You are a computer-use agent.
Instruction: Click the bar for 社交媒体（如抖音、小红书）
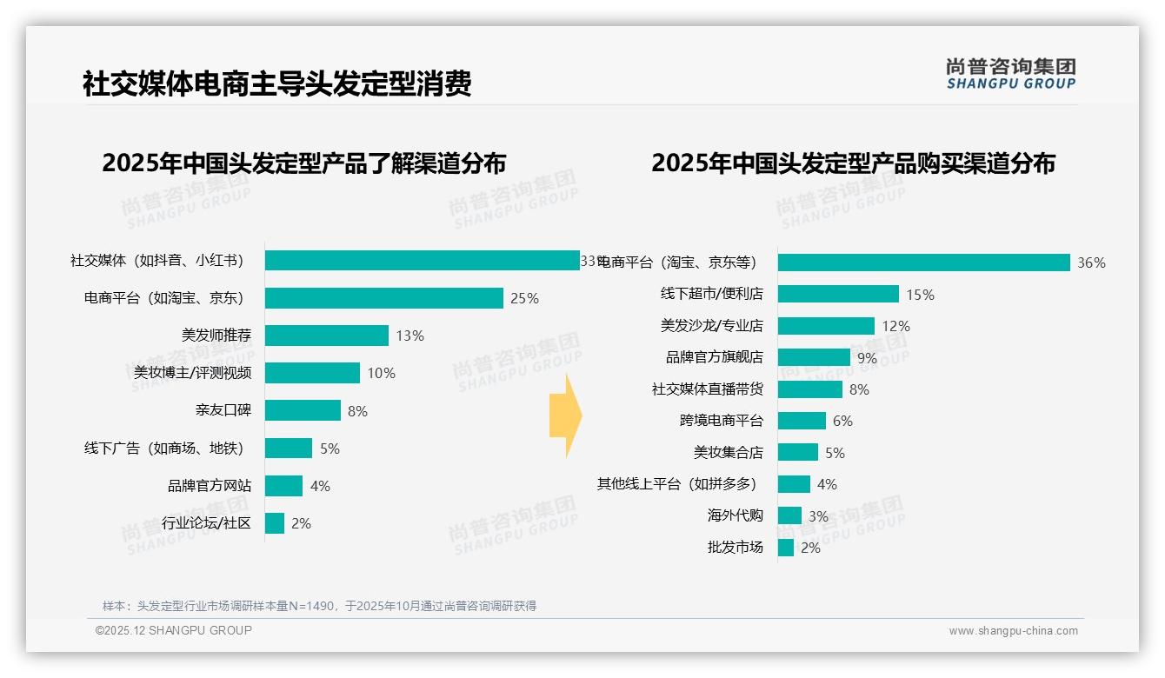(422, 261)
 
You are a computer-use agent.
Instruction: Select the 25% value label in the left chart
(524, 298)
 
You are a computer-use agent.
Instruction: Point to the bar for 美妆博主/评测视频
(312, 373)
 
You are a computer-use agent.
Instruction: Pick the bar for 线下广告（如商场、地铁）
(289, 449)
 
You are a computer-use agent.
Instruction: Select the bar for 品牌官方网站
(283, 486)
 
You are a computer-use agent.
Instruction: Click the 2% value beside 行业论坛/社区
(301, 523)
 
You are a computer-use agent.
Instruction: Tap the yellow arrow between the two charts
(565, 415)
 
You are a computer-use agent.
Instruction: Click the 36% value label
(1091, 263)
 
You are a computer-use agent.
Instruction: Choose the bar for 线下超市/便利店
(838, 294)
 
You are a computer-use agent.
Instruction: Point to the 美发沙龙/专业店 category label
(711, 326)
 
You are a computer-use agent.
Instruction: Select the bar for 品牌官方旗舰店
(814, 357)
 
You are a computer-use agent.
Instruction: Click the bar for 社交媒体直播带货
(809, 389)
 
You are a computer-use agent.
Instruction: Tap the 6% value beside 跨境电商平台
(842, 421)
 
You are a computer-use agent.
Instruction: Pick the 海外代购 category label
(735, 515)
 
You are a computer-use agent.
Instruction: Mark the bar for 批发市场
(786, 548)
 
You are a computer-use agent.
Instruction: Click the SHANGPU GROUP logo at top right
(1010, 74)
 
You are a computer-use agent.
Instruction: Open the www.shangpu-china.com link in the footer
(1013, 631)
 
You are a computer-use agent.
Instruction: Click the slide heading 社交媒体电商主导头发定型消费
(276, 83)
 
